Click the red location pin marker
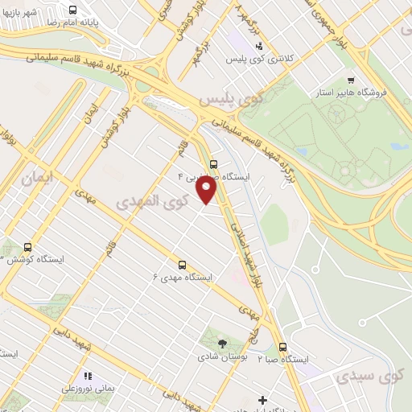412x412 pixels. point(206,190)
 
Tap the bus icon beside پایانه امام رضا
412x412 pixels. point(73,10)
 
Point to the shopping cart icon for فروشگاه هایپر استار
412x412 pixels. point(351,80)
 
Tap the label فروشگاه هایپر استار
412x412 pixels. point(357,93)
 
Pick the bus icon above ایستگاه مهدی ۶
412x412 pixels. point(182,263)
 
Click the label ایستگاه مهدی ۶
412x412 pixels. point(183,276)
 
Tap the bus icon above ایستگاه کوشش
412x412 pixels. point(28,247)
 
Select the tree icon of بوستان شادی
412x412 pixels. point(222,344)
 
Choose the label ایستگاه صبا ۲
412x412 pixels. point(283,360)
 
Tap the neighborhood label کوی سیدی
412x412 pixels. point(368,376)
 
